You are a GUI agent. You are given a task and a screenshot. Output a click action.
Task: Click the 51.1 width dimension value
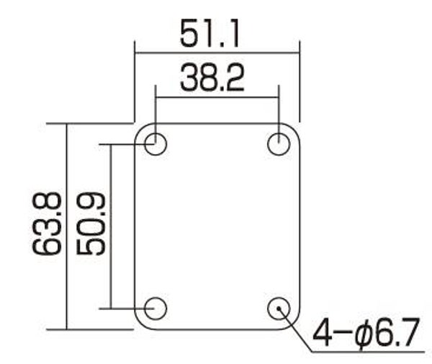(209, 33)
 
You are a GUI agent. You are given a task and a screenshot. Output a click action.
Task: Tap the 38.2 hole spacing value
(212, 78)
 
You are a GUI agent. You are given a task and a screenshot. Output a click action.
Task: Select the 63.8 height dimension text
(46, 223)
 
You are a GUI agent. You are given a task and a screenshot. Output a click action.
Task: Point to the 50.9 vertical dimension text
(91, 223)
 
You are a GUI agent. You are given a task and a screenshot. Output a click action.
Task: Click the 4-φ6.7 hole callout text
(366, 333)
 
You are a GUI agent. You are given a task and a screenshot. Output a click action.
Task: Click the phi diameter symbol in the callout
(364, 334)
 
